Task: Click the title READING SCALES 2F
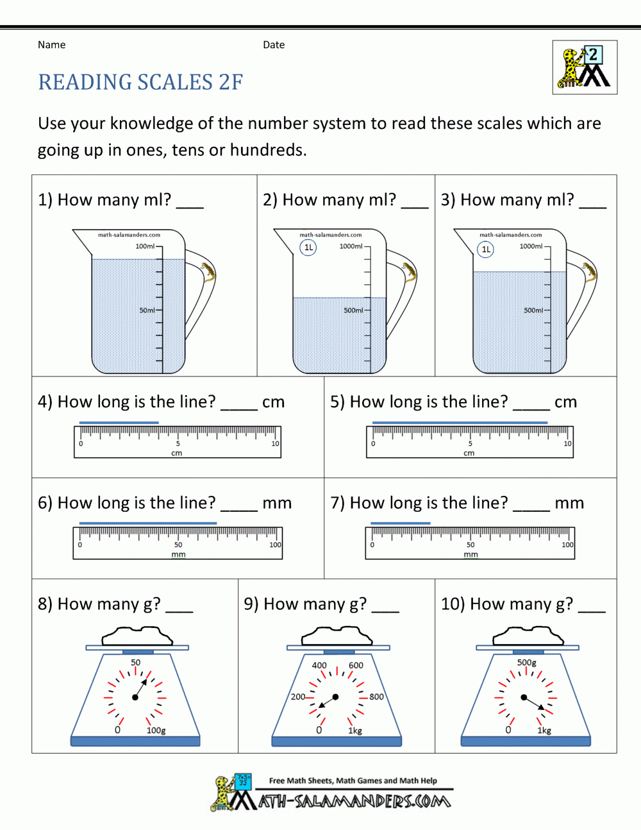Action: (x=140, y=83)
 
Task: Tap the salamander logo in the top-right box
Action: (x=585, y=67)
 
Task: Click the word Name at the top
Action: (x=51, y=45)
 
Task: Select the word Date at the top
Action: (x=274, y=45)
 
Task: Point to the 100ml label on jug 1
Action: (x=145, y=246)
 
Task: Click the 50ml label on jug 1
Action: (x=147, y=310)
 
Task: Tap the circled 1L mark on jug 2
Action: (x=308, y=248)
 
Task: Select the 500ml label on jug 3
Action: (x=533, y=310)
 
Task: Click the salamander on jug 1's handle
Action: (x=208, y=272)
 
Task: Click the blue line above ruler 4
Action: (x=119, y=422)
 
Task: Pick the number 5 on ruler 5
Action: (x=470, y=444)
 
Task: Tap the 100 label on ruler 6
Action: (x=275, y=545)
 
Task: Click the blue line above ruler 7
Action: (x=401, y=523)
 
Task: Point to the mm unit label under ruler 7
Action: (x=470, y=555)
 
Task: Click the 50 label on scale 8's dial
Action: (x=136, y=663)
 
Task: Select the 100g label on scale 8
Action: (x=156, y=731)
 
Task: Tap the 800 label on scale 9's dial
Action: (x=376, y=697)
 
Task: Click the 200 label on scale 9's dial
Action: (x=298, y=697)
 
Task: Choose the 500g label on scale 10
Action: (x=527, y=663)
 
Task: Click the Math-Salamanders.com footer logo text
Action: (x=354, y=801)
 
